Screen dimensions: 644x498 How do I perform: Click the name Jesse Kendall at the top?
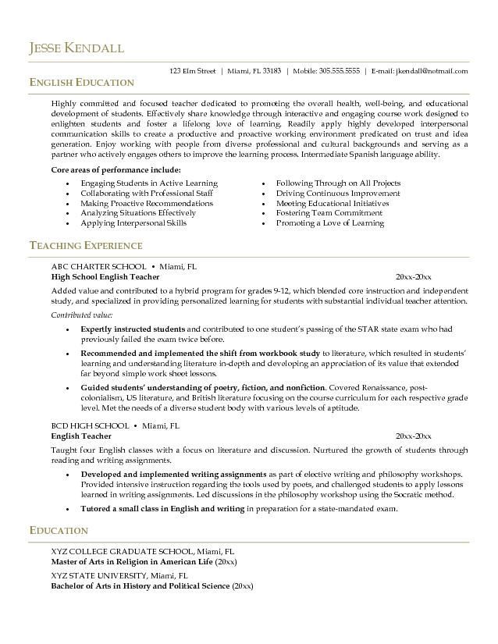click(76, 48)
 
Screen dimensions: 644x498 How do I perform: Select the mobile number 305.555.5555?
click(336, 71)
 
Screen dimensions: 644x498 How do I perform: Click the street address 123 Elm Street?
click(192, 71)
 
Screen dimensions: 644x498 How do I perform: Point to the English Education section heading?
click(81, 83)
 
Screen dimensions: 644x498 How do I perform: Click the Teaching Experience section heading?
click(86, 246)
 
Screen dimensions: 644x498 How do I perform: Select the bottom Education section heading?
click(59, 531)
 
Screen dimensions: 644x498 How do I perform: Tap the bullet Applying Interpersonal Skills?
click(133, 223)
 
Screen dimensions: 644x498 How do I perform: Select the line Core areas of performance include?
click(116, 169)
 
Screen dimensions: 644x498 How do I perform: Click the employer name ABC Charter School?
click(98, 266)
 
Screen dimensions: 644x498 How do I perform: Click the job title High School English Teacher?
click(105, 277)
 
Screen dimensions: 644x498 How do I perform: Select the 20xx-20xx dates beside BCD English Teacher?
click(413, 436)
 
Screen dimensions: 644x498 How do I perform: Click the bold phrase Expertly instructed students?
click(133, 329)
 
